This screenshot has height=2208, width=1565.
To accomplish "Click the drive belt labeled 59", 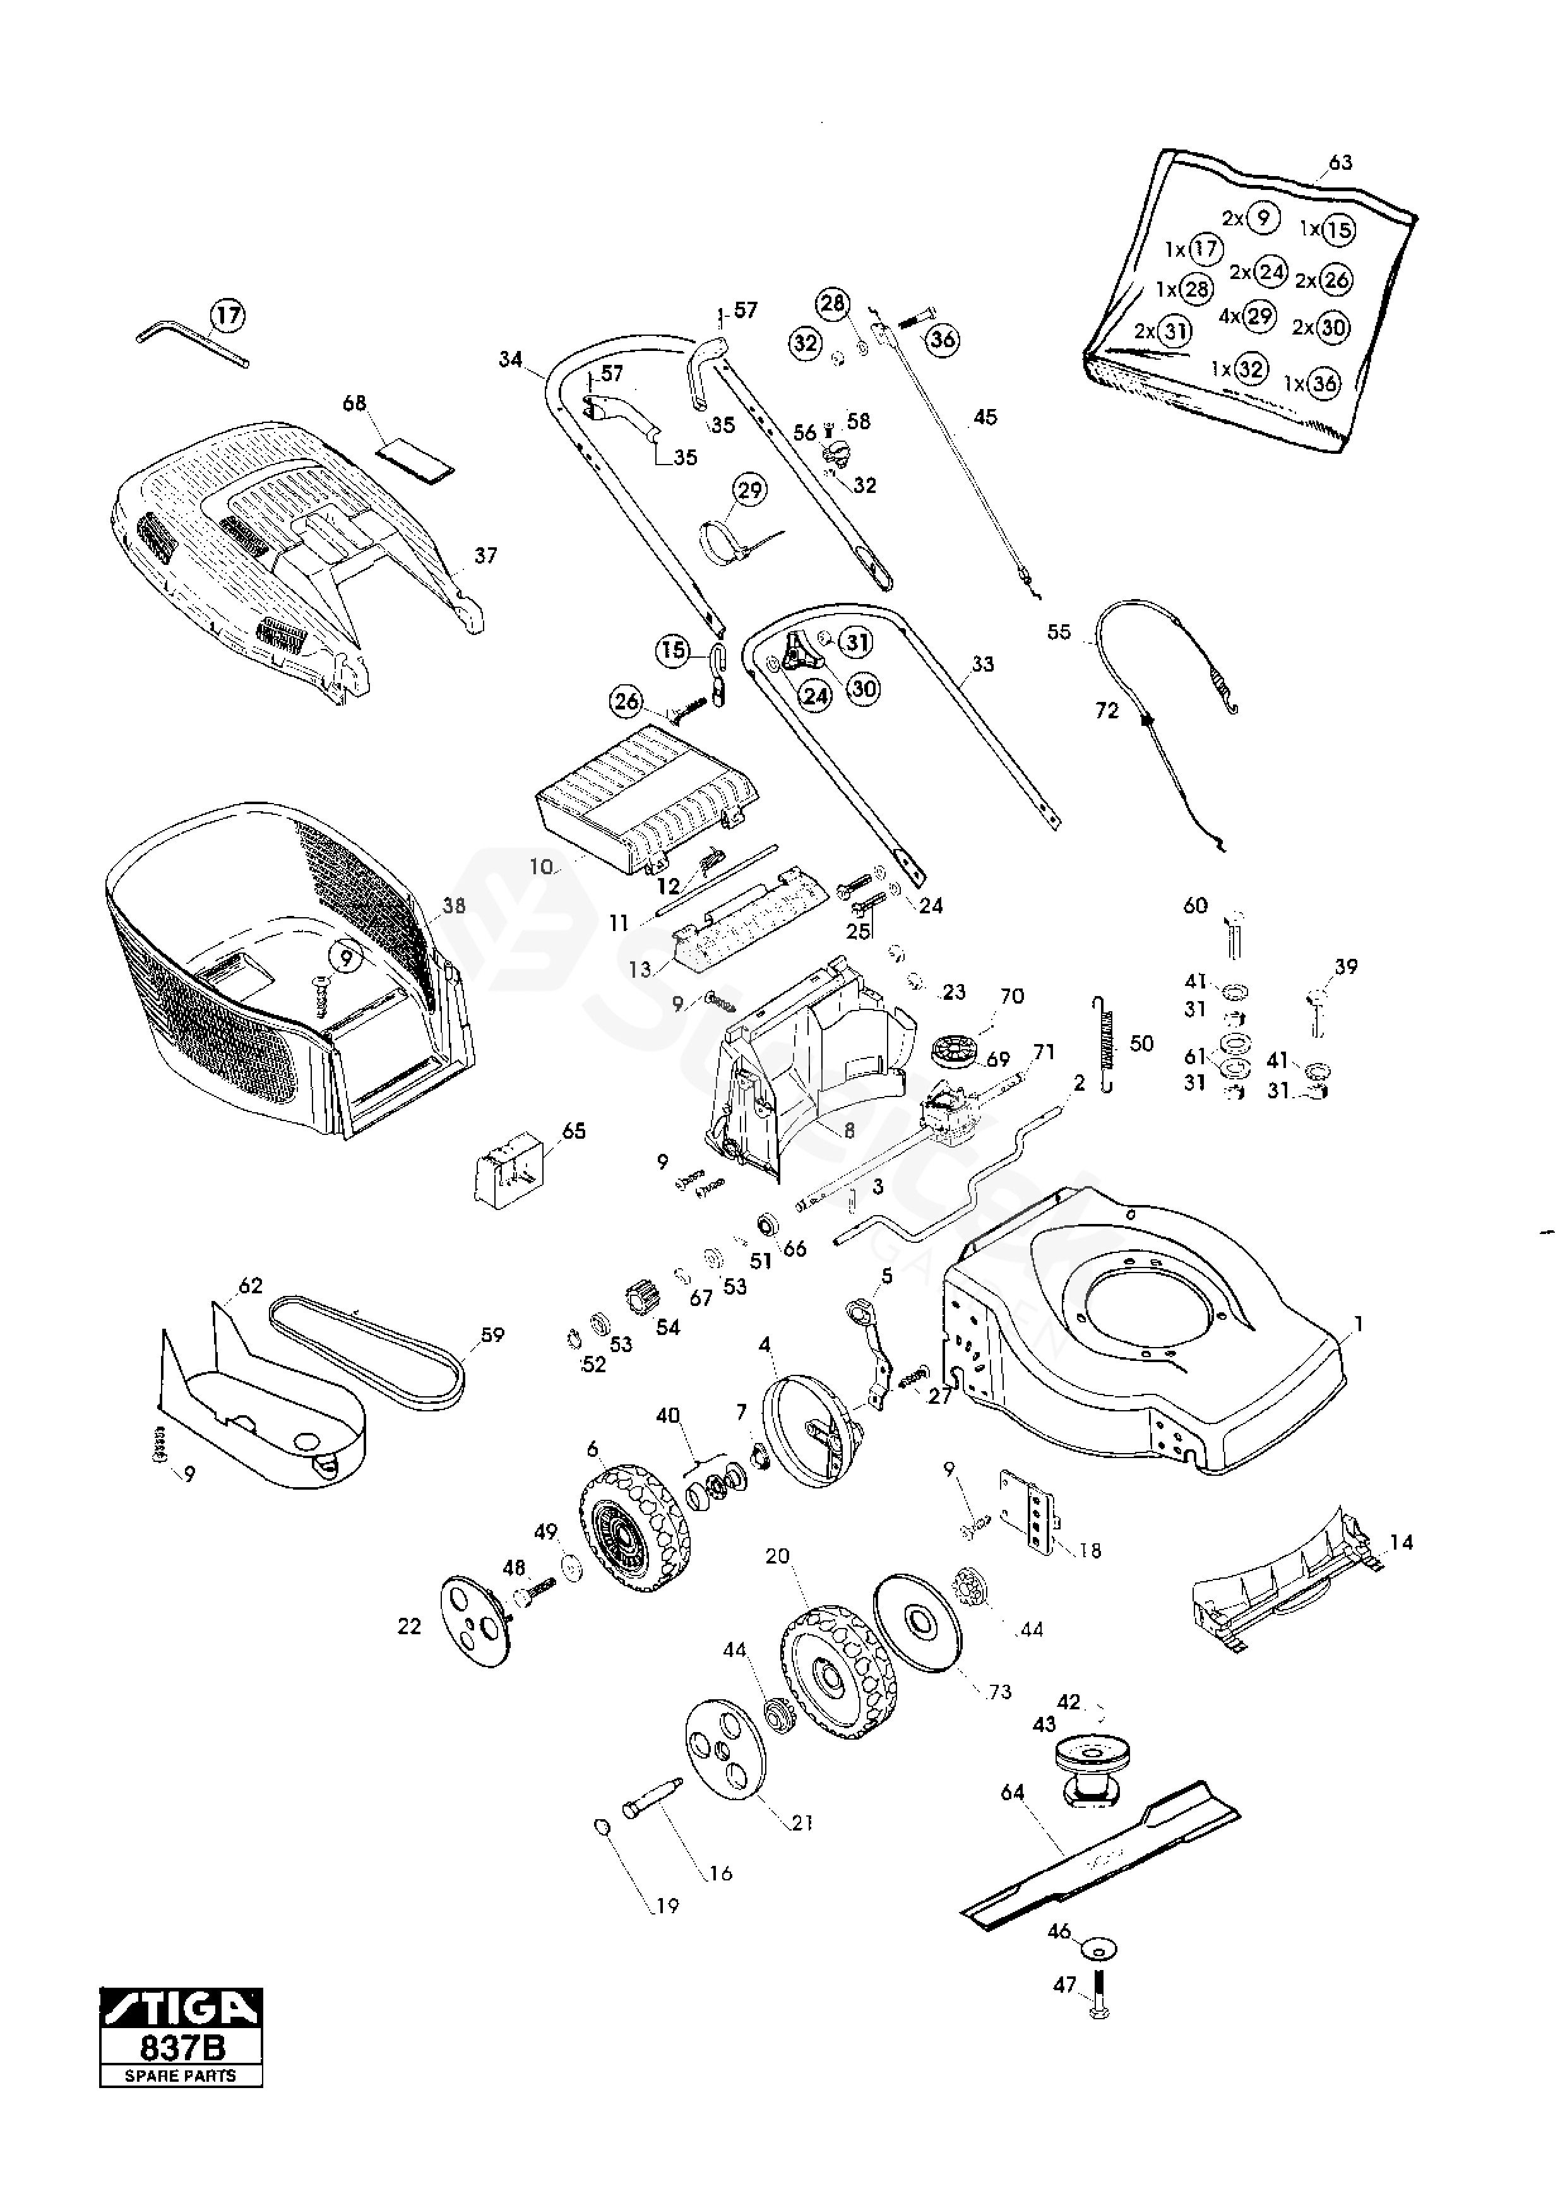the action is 368,1353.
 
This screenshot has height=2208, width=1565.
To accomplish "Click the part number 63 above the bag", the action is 1340,162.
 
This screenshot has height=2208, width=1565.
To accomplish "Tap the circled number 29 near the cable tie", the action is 750,490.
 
